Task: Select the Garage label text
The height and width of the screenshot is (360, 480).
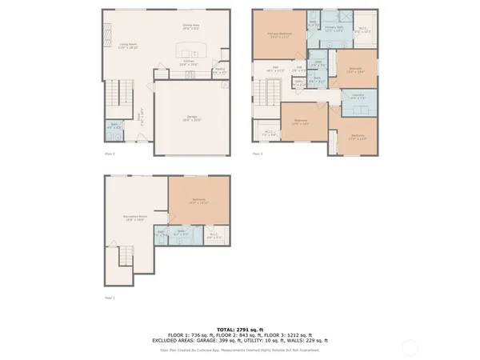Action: [192, 118]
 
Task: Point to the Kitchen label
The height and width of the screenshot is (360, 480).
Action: [190, 61]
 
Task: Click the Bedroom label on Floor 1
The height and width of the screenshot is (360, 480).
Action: [198, 200]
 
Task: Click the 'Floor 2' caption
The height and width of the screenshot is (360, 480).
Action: [110, 154]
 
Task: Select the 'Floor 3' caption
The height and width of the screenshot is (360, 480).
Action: [258, 154]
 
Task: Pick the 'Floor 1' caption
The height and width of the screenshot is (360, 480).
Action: [110, 298]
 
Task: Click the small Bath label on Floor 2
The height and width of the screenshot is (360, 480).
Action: [114, 126]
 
